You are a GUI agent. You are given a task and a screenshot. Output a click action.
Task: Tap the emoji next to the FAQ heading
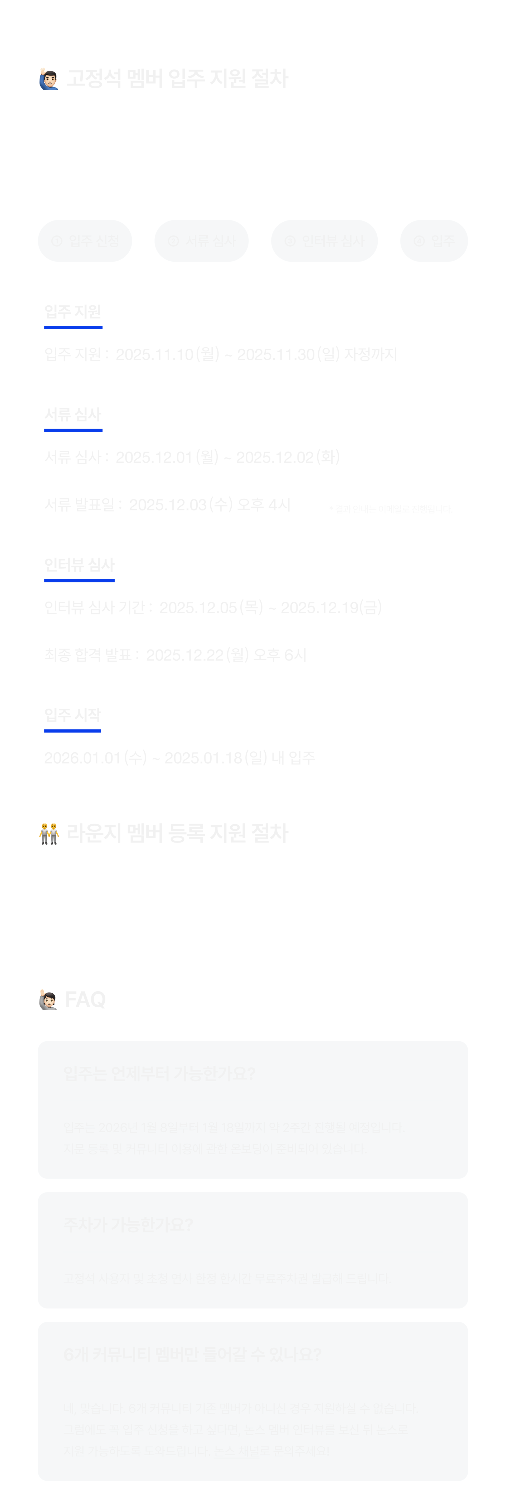click(x=48, y=999)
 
